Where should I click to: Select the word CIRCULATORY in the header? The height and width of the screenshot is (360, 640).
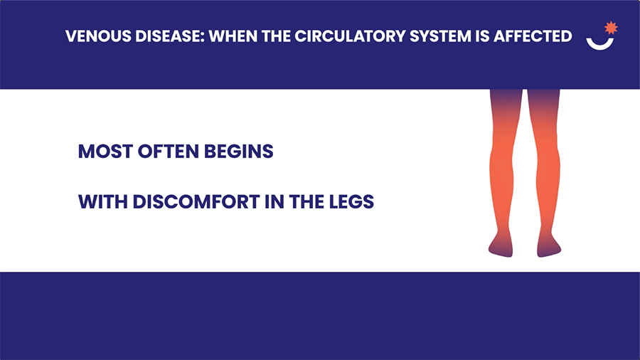click(350, 36)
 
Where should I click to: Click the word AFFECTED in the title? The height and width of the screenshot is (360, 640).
click(533, 36)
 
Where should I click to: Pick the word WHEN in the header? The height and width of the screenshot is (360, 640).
click(233, 36)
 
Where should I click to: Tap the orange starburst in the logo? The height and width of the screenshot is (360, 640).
click(611, 28)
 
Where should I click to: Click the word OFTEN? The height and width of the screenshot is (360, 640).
click(168, 152)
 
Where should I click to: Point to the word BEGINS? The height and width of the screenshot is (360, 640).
click(239, 152)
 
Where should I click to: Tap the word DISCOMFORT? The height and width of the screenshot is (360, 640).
click(196, 201)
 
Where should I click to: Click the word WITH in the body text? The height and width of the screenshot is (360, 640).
click(103, 201)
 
